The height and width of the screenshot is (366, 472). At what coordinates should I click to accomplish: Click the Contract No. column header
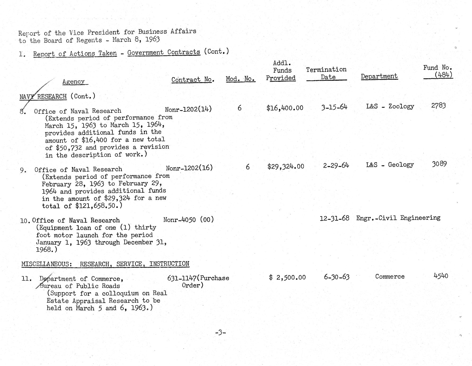pos(192,79)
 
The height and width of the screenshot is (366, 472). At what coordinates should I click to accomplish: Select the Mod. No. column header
pos(240,79)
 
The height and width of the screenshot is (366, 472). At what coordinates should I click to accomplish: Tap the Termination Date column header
pos(326,73)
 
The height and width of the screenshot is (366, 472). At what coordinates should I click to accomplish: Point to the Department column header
pos(379,76)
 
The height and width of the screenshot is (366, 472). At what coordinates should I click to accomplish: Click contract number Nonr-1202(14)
pos(188,109)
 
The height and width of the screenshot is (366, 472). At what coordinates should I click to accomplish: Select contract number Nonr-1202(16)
pos(189,168)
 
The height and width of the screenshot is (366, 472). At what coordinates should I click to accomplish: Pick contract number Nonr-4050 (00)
pos(188,220)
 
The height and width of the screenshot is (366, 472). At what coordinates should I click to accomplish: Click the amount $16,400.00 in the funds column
pos(285,108)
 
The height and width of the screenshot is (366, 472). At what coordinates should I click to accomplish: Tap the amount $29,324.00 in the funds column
pos(286,167)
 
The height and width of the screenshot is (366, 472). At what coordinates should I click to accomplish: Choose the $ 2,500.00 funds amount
pos(287,277)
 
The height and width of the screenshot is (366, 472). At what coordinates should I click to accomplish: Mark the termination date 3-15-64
pos(334,107)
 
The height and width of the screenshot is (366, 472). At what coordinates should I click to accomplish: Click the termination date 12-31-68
pos(334,218)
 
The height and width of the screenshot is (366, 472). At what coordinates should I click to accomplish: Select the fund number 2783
pos(438,106)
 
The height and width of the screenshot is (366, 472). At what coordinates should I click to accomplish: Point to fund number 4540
pos(441,276)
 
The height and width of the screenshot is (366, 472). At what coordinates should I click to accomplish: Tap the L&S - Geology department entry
pos(390,165)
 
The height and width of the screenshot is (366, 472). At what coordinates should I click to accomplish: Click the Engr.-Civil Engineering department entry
pos(398,218)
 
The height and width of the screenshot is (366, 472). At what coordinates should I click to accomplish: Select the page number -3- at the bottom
pos(220,332)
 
